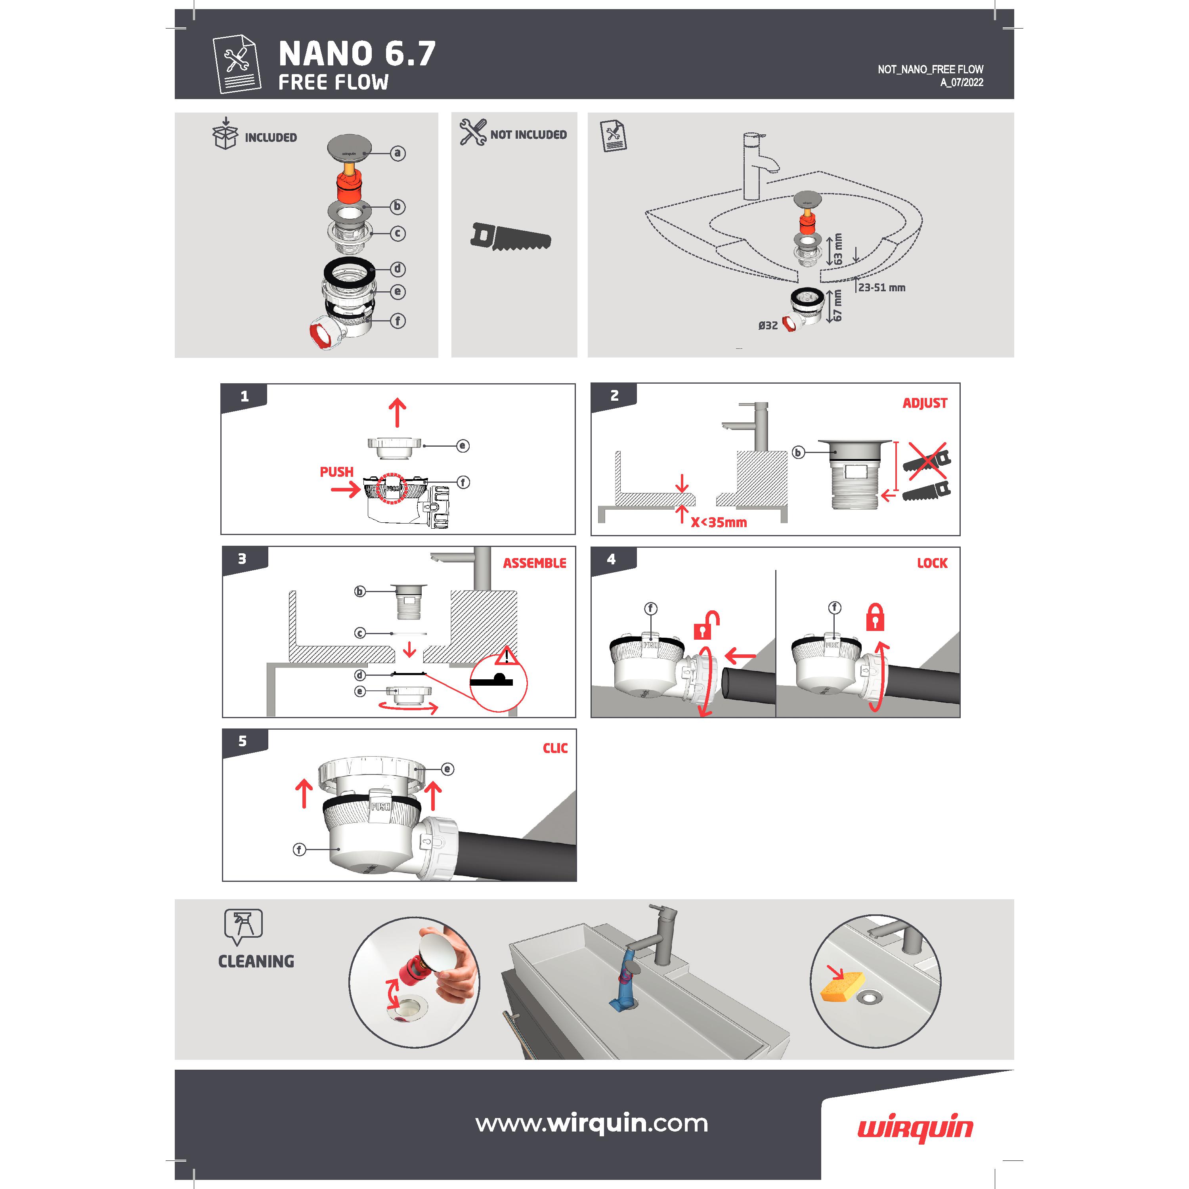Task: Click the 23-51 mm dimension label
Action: [881, 287]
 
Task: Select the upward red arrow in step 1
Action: [398, 412]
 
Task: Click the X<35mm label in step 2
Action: [718, 522]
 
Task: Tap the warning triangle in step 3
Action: [507, 656]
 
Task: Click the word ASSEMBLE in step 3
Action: [534, 563]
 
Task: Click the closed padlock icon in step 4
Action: [875, 617]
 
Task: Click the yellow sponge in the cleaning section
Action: [843, 986]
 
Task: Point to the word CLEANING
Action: [256, 961]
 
